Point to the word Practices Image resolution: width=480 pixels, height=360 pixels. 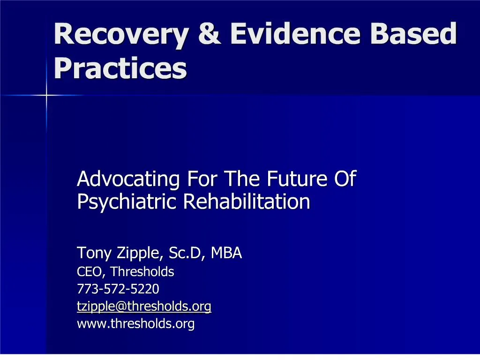[x=120, y=68]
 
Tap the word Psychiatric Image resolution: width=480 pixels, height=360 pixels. [x=127, y=202]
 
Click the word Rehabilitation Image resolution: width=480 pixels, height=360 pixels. [x=247, y=202]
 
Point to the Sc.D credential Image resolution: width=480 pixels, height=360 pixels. [x=186, y=253]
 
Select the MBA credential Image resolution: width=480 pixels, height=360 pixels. [x=226, y=253]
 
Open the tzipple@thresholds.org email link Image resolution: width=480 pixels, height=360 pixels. [x=144, y=307]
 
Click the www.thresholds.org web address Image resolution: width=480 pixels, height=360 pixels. [x=135, y=324]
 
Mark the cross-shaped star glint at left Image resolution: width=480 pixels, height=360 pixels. [x=46, y=95]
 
